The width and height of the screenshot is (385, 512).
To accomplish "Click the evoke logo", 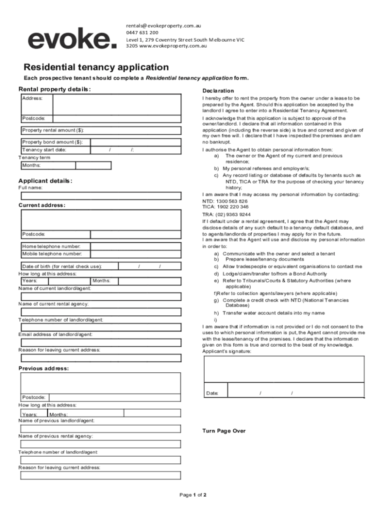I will coord(72,38).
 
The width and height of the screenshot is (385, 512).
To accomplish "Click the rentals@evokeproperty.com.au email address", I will coord(163,25).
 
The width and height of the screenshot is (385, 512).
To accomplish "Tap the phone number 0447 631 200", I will coord(142,32).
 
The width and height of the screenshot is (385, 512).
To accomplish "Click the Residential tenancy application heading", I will coord(96,67).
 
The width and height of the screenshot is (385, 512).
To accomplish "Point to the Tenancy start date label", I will coord(44,149).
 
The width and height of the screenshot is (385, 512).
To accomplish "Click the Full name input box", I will coord(100,195).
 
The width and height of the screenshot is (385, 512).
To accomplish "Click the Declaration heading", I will coord(218,90).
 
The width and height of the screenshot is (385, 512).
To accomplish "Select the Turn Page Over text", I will coord(223,431).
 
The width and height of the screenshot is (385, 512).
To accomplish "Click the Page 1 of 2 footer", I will coord(193,495).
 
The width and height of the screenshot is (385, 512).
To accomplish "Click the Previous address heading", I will coord(43,368).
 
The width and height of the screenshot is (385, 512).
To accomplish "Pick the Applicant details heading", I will coord(45,180).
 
